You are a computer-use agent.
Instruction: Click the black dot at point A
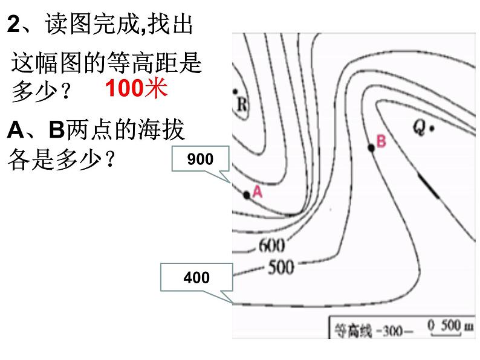(247, 194)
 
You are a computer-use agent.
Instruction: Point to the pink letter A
(257, 191)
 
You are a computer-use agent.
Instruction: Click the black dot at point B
(371, 147)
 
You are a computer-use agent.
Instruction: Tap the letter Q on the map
(420, 126)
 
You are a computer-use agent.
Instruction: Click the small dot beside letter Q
(433, 127)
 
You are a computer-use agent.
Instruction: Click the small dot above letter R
(236, 91)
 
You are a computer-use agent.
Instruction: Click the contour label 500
(281, 266)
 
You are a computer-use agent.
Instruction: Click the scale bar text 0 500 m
(450, 327)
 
